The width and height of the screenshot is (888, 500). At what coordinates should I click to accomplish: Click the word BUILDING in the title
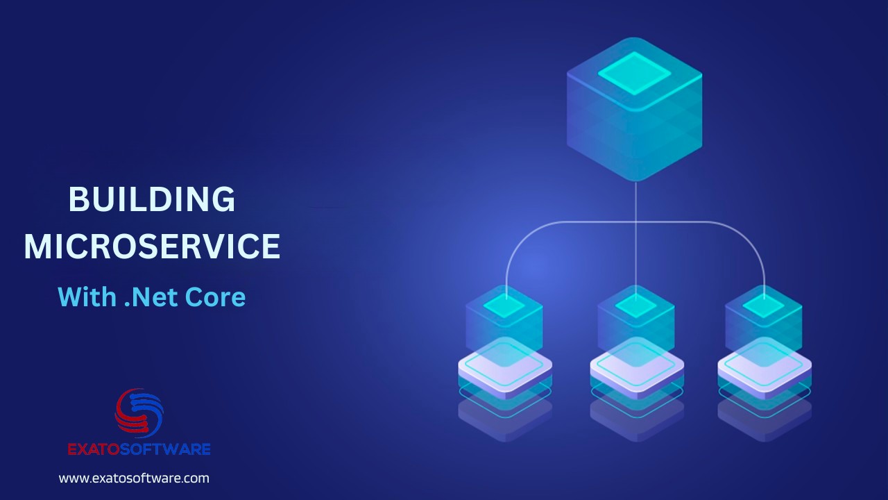pyautogui.click(x=152, y=199)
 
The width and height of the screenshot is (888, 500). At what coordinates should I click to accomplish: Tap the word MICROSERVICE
pyautogui.click(x=153, y=247)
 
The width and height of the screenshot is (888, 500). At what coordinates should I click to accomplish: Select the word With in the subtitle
pyautogui.click(x=87, y=297)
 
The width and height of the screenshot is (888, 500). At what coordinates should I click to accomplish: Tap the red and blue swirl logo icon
pyautogui.click(x=139, y=413)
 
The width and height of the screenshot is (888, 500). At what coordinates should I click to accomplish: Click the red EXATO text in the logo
pyautogui.click(x=94, y=449)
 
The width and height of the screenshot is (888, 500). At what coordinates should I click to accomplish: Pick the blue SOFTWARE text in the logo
pyautogui.click(x=165, y=449)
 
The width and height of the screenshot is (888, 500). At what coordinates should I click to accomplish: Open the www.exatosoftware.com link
pyautogui.click(x=134, y=478)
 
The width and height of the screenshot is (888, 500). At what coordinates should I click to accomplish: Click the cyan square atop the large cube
pyautogui.click(x=634, y=74)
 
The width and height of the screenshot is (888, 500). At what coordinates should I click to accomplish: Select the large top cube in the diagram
pyautogui.click(x=634, y=110)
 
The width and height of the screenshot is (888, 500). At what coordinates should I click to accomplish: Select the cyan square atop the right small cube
pyautogui.click(x=764, y=307)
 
